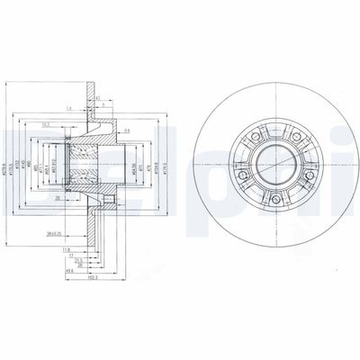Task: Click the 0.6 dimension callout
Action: (x=128, y=131)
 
